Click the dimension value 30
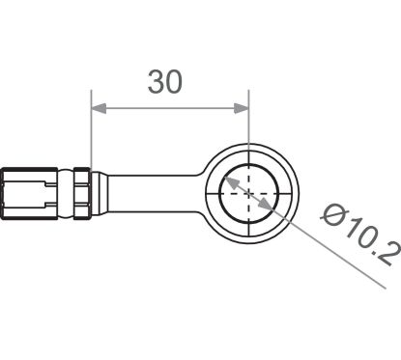[x=165, y=84]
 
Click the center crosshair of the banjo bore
[x=248, y=191]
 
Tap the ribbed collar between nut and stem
[x=80, y=192]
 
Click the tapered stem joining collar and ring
[x=145, y=191]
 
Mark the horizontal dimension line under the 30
[x=169, y=109]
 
